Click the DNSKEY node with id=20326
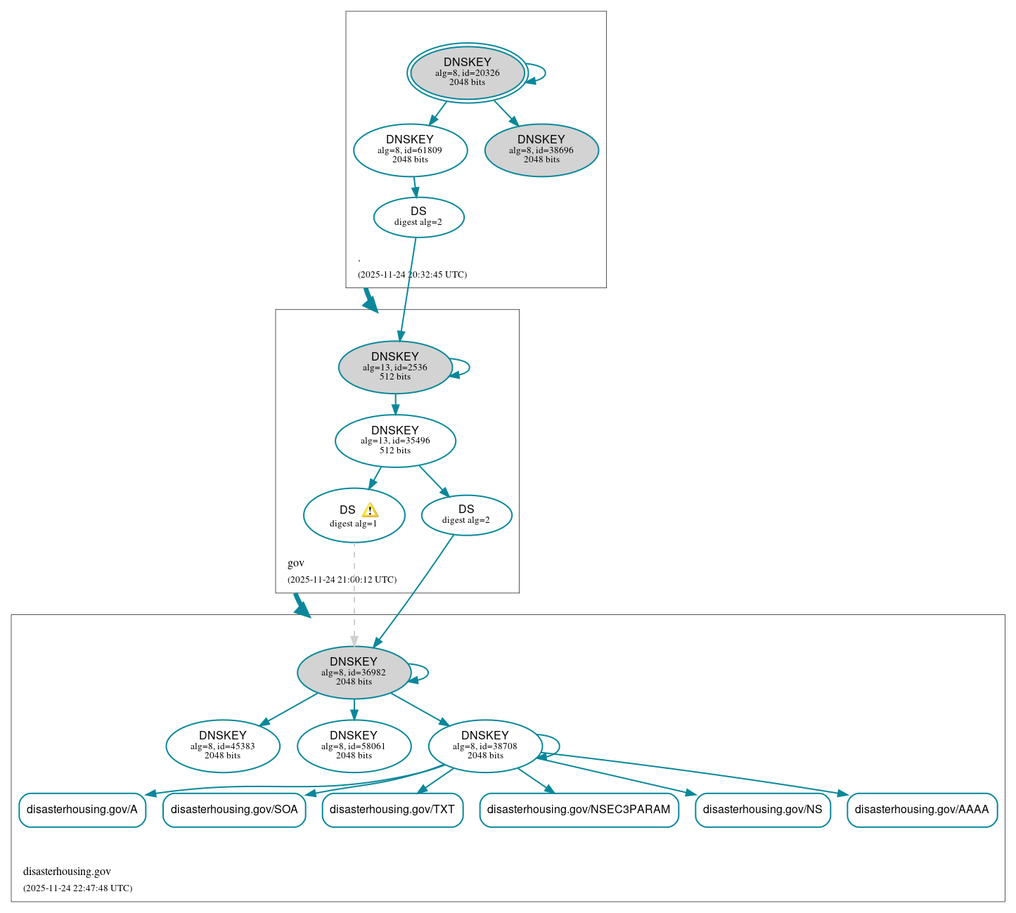(467, 72)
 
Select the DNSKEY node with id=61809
(410, 150)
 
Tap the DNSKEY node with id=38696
(541, 150)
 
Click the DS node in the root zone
(418, 217)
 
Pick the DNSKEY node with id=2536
(394, 367)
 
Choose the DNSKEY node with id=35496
(395, 441)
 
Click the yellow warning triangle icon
(370, 510)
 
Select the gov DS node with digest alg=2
(466, 515)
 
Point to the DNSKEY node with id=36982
(354, 672)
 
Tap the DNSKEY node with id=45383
(223, 746)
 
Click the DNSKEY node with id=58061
(354, 746)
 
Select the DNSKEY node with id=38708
(485, 746)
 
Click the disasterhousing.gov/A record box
(82, 810)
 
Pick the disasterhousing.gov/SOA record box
(234, 810)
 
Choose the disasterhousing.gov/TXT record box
(392, 810)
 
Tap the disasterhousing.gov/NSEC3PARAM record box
(579, 810)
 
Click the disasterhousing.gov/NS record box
(762, 810)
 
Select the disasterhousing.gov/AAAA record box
(922, 810)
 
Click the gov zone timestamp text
(342, 580)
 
